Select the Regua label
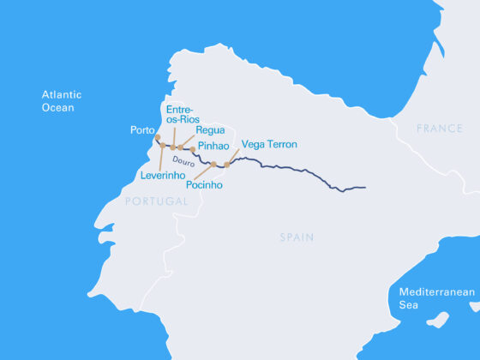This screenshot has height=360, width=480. (210, 129)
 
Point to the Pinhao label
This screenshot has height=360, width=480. (213, 147)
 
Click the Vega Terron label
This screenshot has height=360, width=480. (269, 144)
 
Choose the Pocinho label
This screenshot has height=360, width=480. (204, 184)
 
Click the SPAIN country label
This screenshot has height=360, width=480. (297, 237)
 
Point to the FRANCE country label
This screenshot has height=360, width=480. (439, 128)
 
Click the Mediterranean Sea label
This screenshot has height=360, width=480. (436, 298)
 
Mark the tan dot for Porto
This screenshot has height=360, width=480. (157, 138)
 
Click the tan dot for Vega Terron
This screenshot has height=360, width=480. (227, 165)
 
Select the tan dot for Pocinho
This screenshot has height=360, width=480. (213, 165)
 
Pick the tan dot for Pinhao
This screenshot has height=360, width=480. (193, 149)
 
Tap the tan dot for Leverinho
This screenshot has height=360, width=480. (162, 146)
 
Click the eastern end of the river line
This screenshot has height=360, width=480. (365, 187)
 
